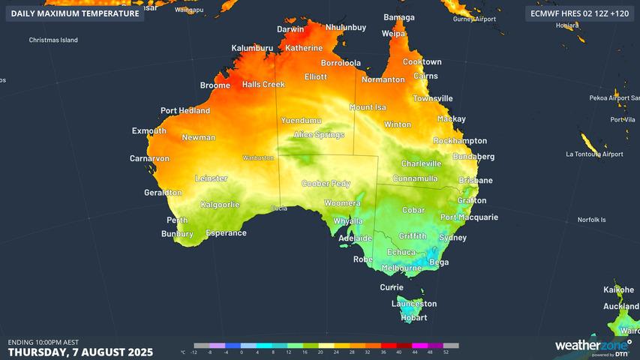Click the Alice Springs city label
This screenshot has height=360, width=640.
coord(319,135)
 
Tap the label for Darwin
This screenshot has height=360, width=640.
coord(291,30)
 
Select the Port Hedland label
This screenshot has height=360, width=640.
coord(185,111)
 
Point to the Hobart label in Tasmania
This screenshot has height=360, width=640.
coord(413,317)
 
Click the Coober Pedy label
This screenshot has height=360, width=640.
coord(326,184)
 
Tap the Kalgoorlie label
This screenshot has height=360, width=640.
coord(220,205)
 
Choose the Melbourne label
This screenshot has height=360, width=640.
coord(401,268)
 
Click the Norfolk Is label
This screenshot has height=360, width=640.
coord(590,220)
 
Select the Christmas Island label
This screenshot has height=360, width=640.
coord(53,40)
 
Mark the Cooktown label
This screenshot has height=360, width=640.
coord(422,62)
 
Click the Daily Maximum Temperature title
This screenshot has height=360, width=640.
coord(75,13)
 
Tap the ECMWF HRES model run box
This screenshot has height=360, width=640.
coord(578,13)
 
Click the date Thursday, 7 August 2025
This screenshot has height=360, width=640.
coord(80,352)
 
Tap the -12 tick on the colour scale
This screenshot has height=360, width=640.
coord(194,352)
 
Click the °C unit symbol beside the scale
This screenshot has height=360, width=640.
coord(183,352)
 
